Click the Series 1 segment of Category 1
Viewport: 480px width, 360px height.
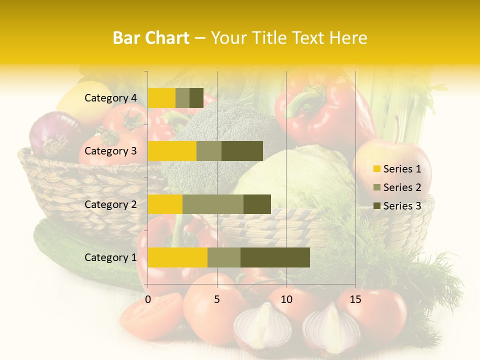point(177,257)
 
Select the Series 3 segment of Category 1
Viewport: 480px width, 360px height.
point(275,257)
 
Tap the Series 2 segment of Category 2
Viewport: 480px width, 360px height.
point(213,204)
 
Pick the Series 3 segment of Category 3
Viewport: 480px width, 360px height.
point(242,151)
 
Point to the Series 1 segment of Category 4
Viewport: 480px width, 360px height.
point(161,98)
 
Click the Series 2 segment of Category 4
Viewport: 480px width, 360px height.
point(182,98)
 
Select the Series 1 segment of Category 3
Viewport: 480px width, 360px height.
point(172,151)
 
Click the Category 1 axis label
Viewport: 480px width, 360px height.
point(110,257)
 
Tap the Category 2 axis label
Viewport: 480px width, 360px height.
point(110,204)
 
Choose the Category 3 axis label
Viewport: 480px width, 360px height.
point(110,151)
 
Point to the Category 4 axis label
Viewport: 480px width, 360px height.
point(110,98)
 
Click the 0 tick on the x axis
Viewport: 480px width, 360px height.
point(148,299)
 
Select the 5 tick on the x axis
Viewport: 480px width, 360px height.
point(217,299)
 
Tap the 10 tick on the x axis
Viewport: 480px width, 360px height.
point(286,299)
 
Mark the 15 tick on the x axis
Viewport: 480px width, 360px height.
point(355,299)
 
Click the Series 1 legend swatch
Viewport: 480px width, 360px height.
point(377,169)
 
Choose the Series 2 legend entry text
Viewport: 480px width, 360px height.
point(402,187)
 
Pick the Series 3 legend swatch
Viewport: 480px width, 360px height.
point(377,206)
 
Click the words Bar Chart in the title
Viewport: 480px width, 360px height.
point(151,38)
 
